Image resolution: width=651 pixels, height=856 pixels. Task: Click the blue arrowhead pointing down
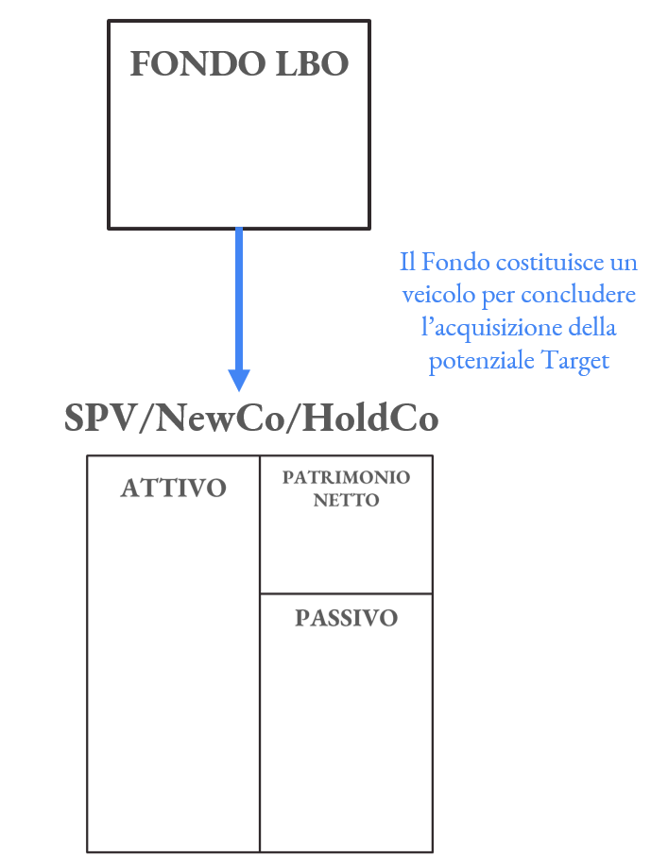(x=239, y=378)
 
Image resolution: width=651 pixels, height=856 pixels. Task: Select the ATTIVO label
(x=174, y=488)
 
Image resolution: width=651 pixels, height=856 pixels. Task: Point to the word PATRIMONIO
(x=346, y=478)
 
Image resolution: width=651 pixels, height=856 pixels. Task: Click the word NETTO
(x=346, y=501)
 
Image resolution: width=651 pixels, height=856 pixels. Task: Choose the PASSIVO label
(x=346, y=618)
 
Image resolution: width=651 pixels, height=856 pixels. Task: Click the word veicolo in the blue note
(x=437, y=295)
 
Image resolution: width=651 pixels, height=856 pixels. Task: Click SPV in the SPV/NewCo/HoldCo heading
(x=98, y=419)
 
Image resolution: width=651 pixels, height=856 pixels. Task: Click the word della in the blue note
(x=591, y=328)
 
